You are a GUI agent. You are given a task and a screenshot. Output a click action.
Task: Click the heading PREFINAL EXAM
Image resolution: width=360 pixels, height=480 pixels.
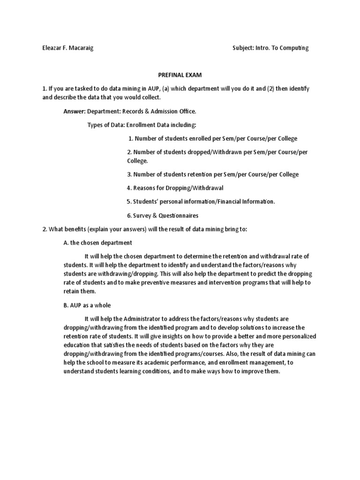180,75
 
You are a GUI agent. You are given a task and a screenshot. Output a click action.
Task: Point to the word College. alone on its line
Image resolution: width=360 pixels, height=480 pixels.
137,161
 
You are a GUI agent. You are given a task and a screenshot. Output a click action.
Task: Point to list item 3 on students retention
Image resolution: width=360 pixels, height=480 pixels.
213,174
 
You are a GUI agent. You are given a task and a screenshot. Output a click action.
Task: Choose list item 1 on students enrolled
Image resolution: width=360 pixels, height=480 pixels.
213,139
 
